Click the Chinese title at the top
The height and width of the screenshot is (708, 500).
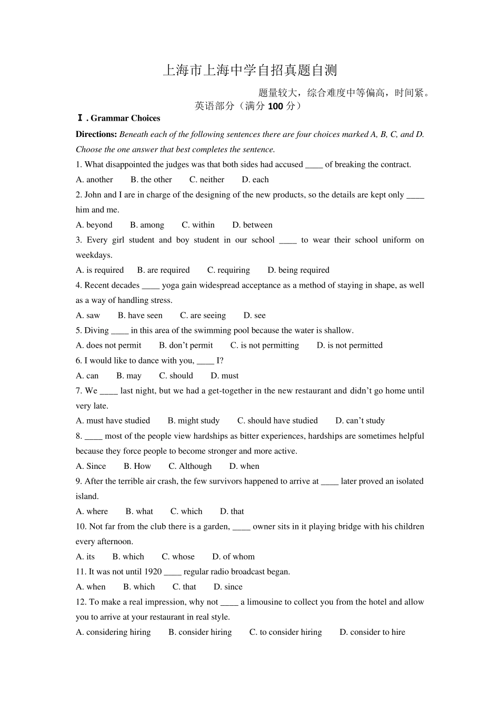click(x=249, y=70)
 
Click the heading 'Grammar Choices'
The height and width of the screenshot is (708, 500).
click(x=125, y=119)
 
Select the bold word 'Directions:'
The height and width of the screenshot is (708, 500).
click(x=96, y=134)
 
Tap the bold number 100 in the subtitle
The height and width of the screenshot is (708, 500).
click(x=275, y=106)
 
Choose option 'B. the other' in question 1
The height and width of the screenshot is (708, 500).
click(x=151, y=180)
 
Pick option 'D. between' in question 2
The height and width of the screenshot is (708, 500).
click(x=252, y=225)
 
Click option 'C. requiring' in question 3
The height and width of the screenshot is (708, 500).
click(x=228, y=270)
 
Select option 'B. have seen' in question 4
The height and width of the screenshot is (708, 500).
click(x=140, y=316)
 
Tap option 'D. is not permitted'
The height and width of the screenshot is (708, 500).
click(x=349, y=346)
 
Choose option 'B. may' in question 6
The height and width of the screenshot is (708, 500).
click(x=129, y=376)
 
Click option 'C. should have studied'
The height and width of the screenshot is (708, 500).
click(x=277, y=421)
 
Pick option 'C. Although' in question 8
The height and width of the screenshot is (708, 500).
click(x=190, y=466)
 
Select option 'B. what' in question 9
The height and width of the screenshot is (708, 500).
click(x=139, y=512)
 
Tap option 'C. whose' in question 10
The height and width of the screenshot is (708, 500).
click(x=178, y=557)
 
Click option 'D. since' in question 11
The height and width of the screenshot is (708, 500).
click(x=228, y=587)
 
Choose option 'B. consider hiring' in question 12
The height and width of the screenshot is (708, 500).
click(x=200, y=632)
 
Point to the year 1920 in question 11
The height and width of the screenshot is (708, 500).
click(x=153, y=572)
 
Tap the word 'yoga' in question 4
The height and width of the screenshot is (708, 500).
click(x=171, y=286)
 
